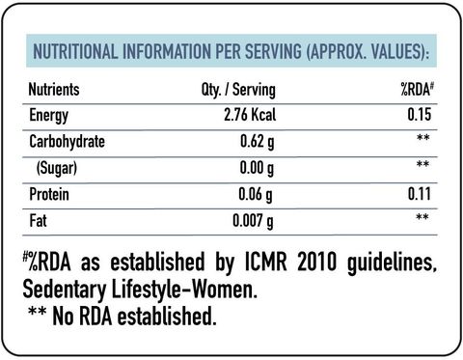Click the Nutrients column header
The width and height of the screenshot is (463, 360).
54,89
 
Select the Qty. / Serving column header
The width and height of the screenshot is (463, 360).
238,90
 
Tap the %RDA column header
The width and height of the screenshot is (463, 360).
417,89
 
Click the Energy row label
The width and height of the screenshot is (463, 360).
49,116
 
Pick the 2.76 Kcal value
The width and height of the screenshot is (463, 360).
250,115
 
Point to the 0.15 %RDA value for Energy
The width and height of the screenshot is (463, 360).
420,115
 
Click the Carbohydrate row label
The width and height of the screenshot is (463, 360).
67,142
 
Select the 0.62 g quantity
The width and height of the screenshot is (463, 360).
258,142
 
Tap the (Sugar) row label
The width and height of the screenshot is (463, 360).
57,168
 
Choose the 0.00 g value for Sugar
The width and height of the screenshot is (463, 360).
257,168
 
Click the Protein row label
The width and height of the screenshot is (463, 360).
49,194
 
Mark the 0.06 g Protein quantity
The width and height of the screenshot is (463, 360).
256,195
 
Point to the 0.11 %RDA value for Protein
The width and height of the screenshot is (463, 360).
420,194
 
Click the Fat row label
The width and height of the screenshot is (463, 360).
38,221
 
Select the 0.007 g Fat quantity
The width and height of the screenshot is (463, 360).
253,221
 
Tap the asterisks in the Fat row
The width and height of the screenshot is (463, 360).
422,217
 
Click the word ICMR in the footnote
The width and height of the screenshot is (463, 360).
265,262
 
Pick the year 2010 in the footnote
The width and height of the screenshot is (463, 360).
316,262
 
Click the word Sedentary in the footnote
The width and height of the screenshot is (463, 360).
65,291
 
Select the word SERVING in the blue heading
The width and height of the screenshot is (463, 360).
273,51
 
